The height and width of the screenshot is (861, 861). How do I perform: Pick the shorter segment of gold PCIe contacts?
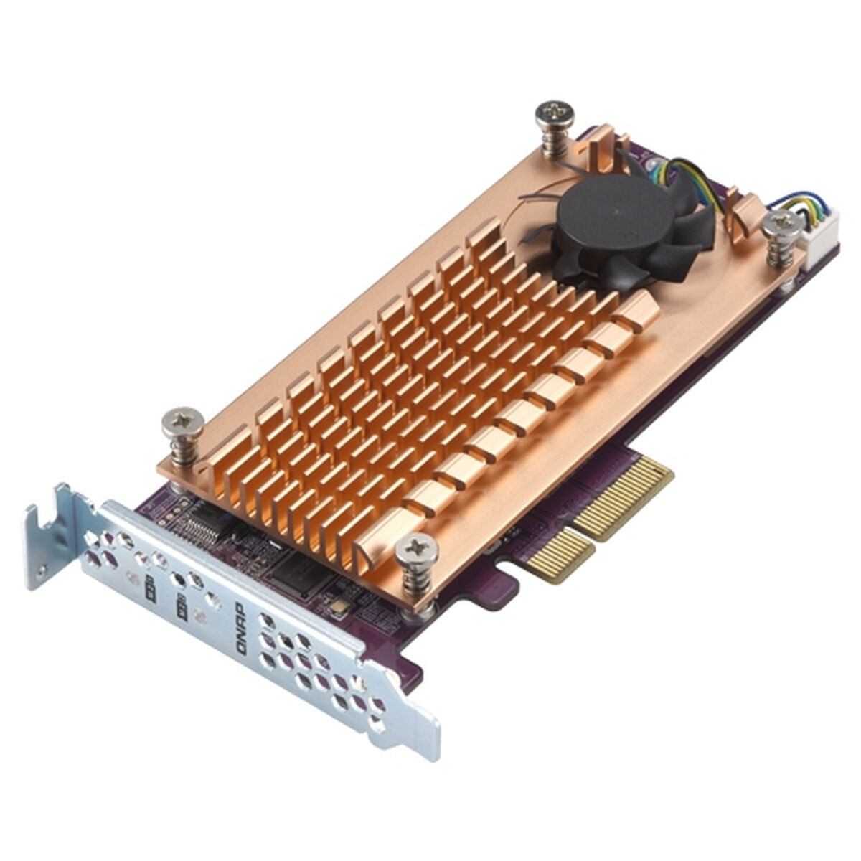click(x=557, y=556)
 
